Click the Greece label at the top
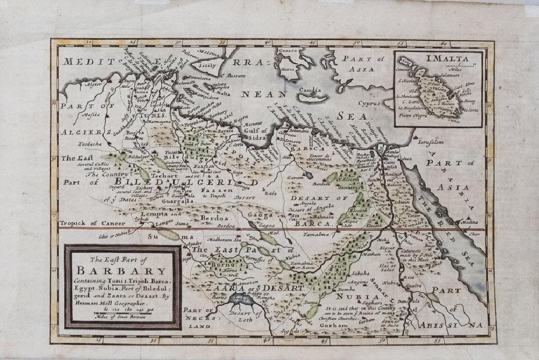288,51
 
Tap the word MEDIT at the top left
81,61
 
